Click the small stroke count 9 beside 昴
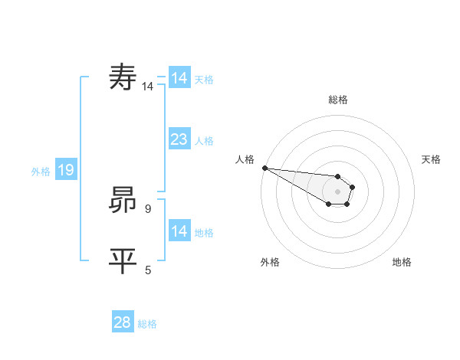(x=148, y=208)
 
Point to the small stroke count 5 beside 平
(x=148, y=270)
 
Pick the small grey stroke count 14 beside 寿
(x=147, y=87)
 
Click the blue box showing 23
(x=179, y=139)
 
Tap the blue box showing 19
(x=65, y=170)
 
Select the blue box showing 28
(x=122, y=322)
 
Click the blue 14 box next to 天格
(x=179, y=78)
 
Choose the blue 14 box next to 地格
(x=179, y=231)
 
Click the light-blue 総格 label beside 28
(x=147, y=325)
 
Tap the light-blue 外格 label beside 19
(x=41, y=172)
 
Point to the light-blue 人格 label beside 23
(x=204, y=141)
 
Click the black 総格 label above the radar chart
(x=337, y=100)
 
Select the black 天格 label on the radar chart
(x=431, y=159)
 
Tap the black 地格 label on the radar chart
(x=402, y=262)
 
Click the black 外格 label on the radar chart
(x=270, y=262)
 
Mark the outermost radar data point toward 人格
(x=264, y=168)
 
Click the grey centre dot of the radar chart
(x=337, y=191)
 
